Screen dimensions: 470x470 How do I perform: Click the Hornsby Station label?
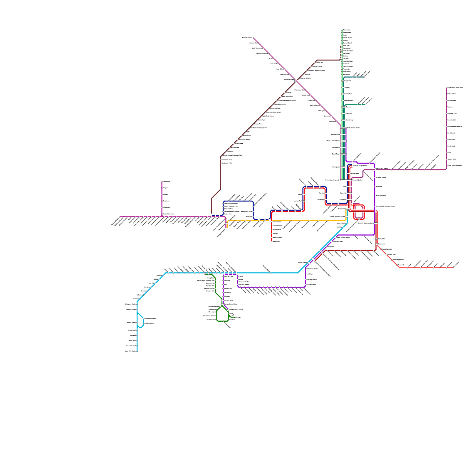tap(247, 38)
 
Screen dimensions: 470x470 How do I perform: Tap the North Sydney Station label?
tap(353, 128)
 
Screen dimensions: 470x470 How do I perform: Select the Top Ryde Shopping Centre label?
tap(258, 128)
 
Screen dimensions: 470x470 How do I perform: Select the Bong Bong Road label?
tap(150, 318)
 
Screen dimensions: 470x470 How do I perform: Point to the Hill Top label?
tap(156, 279)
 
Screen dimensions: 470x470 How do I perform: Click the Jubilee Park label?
tap(298, 201)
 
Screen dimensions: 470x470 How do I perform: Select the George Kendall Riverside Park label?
tap(232, 155)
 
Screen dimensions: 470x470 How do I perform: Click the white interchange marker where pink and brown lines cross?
tap(295, 80)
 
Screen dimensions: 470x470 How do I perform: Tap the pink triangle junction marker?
tap(162, 216)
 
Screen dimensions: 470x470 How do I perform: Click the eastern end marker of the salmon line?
tap(453, 268)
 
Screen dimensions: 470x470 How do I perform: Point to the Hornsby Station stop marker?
tap(254, 38)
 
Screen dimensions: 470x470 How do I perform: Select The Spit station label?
tap(347, 88)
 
